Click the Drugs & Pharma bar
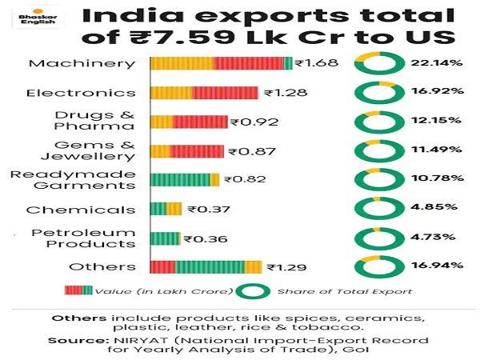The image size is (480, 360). (x=189, y=122)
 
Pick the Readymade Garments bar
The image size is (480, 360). (x=185, y=180)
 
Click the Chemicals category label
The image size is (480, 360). (x=80, y=210)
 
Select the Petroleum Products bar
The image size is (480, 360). (x=166, y=238)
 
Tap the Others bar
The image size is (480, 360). (x=206, y=267)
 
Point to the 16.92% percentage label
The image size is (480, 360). (x=436, y=92)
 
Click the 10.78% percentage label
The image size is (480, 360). (x=436, y=180)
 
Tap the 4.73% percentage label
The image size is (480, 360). (x=434, y=238)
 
